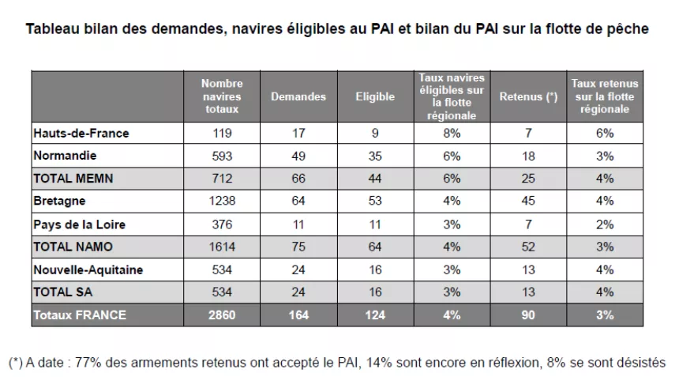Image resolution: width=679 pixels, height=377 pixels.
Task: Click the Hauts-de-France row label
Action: point(81,134)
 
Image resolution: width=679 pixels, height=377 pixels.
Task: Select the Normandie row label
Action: point(65,156)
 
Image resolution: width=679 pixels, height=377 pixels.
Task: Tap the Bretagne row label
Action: point(59,202)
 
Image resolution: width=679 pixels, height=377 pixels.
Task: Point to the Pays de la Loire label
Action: point(79,224)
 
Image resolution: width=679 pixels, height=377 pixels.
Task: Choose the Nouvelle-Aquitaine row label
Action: point(88,270)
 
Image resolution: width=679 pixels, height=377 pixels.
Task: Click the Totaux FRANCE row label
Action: point(79,315)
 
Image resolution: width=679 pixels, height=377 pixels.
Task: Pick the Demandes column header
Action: point(298,96)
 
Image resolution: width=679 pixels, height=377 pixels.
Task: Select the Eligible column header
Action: point(375,96)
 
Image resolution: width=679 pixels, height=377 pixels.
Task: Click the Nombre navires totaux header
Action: point(222,96)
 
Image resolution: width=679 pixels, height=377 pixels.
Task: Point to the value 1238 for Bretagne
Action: point(222,202)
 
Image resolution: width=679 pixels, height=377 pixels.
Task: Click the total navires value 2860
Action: point(222,315)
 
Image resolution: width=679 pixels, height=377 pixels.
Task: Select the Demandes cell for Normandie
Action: point(298,156)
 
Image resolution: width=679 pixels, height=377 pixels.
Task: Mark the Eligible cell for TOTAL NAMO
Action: point(375,247)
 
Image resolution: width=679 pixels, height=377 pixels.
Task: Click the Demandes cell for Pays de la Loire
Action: point(298,224)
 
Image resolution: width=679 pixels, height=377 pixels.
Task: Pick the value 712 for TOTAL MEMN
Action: point(222,179)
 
